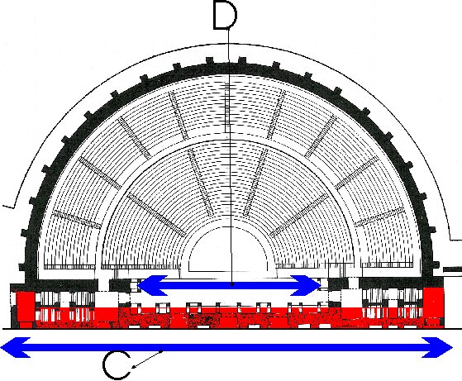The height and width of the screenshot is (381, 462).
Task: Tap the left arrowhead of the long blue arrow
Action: (16, 347)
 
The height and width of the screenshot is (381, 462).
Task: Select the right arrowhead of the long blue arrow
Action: (437, 347)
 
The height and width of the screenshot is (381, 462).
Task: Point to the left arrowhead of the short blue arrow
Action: (153, 285)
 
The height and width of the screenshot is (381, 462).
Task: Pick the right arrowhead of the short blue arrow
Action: (306, 285)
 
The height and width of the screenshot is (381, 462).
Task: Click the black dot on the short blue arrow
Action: (232, 284)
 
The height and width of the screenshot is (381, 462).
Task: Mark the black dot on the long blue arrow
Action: (161, 350)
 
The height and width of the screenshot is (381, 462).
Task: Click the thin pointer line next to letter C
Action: (147, 359)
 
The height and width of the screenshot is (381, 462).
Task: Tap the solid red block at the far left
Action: (26, 309)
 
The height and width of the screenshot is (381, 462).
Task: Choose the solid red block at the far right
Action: (433, 303)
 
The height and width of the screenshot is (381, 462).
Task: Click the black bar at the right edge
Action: (453, 269)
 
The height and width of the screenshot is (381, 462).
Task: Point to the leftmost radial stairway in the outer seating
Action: (77, 220)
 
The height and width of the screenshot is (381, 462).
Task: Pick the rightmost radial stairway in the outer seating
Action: (379, 217)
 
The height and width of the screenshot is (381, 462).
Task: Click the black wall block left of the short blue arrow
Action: (120, 285)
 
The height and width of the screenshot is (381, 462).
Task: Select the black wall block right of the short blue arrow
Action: (338, 284)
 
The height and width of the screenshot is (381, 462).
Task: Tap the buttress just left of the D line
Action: (210, 61)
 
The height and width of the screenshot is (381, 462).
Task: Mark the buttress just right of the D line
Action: (242, 61)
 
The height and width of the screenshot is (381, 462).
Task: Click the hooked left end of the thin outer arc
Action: (8, 207)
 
